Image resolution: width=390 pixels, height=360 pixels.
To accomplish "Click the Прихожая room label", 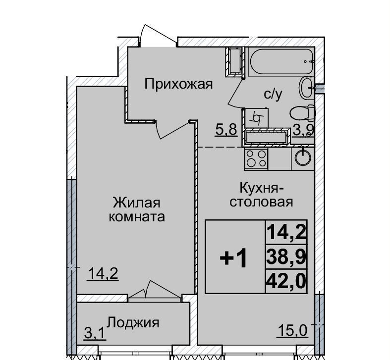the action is pos(178,85).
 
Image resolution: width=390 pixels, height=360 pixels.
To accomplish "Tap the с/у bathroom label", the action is pos(273,94).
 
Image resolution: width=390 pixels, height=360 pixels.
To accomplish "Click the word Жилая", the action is pos(137,203).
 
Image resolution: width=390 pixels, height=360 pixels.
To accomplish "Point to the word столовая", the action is pos(261,202).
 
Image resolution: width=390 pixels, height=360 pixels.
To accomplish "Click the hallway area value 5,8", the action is pos(226,130).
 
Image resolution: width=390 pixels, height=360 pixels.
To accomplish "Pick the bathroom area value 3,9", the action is pos(303,130).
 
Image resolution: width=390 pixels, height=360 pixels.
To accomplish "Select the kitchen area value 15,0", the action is pos(292,331).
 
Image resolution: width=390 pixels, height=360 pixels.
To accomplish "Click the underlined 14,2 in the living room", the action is pos(103,274).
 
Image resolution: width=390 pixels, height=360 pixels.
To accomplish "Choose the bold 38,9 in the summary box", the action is pos(286,257).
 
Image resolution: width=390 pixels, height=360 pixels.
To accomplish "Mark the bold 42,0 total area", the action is pos(286,281).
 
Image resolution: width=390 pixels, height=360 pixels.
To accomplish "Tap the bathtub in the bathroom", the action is pos(281,61).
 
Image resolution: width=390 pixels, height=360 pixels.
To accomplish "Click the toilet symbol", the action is pos(302,113).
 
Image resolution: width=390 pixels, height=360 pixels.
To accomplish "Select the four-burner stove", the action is pos(256,158).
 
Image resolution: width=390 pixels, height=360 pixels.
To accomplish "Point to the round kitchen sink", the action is pos(303,157).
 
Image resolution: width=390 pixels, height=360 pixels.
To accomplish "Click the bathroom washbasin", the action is pos(307,88).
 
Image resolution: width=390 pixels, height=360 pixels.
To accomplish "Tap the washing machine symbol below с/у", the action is pos(257,118).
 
